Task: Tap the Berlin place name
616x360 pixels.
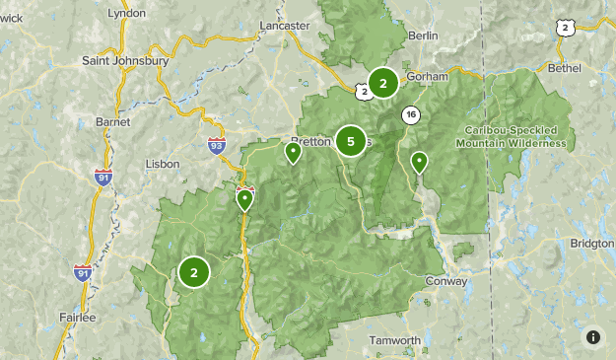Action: coord(422,36)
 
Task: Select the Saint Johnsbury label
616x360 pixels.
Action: coord(126,60)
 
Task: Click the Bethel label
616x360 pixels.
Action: coord(563,70)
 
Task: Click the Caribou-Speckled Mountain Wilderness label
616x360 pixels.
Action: coord(512,136)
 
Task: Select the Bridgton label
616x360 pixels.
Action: coord(591,243)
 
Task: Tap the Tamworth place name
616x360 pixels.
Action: coord(395,340)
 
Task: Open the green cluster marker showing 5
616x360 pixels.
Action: coord(350,141)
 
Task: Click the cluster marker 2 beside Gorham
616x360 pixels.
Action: coord(383,83)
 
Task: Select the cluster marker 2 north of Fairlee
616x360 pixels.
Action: coord(194,272)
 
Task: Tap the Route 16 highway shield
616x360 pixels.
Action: coord(410,115)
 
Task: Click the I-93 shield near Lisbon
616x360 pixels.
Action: coord(217,146)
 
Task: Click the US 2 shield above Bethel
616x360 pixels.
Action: coord(565,29)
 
